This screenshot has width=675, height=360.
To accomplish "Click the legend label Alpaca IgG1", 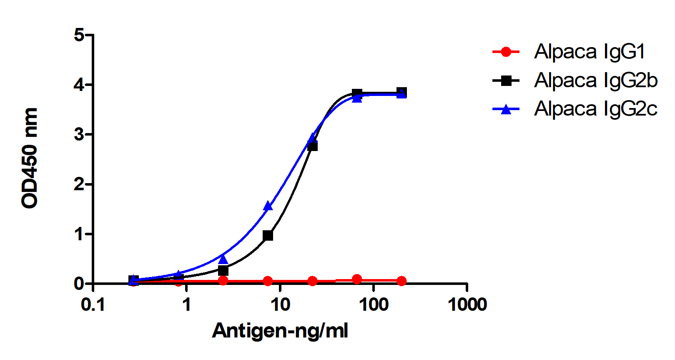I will point(590,52).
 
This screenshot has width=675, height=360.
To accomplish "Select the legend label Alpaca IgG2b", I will point(596,80).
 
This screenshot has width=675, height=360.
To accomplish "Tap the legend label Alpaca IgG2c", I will point(596,108).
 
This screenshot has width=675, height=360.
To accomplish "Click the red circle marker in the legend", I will point(506,52).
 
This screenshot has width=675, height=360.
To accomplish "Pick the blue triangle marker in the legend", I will point(506,109).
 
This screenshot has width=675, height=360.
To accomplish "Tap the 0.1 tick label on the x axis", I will point(93,305).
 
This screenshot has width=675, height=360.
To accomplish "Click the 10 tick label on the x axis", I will point(280,305).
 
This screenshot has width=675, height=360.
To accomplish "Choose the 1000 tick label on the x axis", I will point(467,305).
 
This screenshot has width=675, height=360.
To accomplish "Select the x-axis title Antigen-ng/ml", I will point(280,331).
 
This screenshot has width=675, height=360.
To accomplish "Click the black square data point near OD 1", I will point(268,236).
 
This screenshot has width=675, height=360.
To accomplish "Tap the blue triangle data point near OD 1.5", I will point(268,206).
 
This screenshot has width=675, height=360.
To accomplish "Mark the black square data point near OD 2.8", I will point(312,146).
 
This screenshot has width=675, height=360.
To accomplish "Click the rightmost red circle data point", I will point(401,281).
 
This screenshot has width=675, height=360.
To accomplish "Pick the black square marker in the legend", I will point(506,81).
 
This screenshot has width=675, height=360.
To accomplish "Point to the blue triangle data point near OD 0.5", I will point(223,259).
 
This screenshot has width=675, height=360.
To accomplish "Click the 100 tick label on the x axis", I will point(374,305).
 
